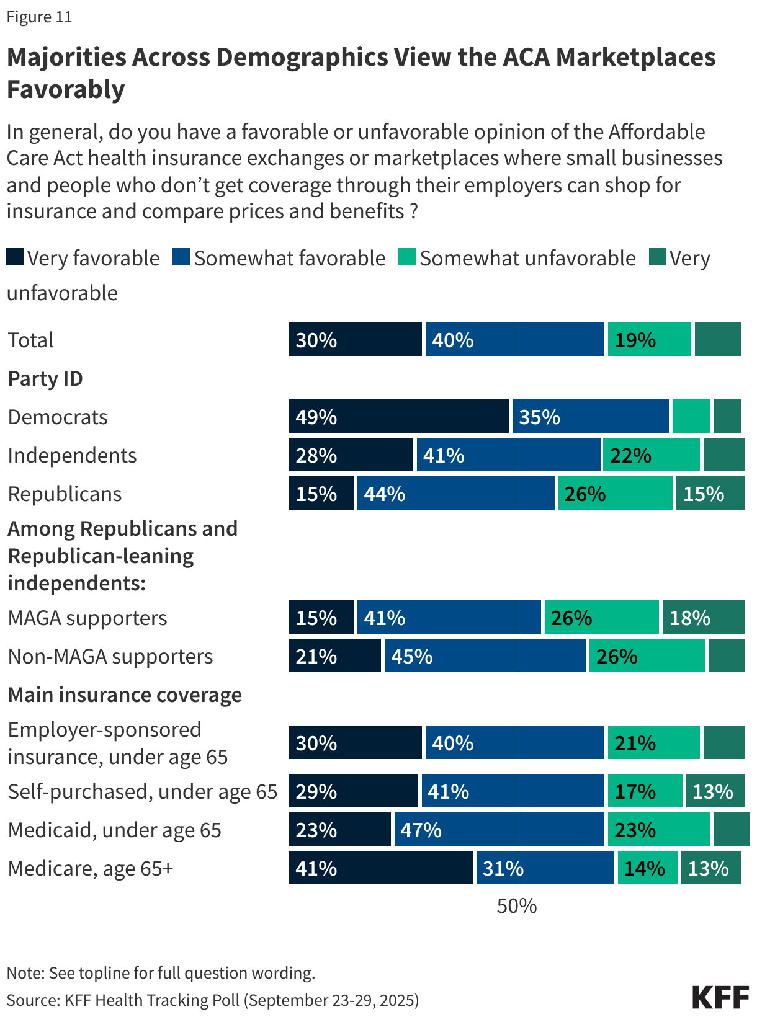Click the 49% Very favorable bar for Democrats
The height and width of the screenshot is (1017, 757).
pos(398,416)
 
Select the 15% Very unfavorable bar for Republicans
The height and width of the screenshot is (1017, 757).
pos(710,494)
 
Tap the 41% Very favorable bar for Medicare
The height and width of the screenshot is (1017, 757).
pos(380,868)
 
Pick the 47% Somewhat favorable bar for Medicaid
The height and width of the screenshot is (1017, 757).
pos(499,830)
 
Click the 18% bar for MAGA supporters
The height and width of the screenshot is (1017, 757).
pos(703,618)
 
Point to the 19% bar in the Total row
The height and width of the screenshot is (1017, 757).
pos(649,340)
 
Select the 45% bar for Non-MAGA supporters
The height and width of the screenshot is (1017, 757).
pos(485,656)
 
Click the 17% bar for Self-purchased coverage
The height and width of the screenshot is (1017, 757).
pos(645,791)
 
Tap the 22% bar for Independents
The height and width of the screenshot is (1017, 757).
pos(651,455)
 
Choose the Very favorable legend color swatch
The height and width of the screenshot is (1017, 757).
pos(15,257)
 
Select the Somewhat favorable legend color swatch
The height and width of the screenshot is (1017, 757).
pos(181,257)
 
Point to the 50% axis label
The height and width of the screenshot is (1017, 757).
pos(516,906)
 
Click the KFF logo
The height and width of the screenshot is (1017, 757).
pos(720,997)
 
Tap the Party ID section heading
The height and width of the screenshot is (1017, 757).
pos(45,378)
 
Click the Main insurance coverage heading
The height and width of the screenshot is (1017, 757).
pos(125,695)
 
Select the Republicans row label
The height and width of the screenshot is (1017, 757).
pos(65,494)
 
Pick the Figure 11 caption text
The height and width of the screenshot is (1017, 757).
pos(39,17)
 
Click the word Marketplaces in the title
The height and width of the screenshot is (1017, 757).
pos(635,57)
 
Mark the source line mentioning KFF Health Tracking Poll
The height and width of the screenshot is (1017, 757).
pos(213,1000)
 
